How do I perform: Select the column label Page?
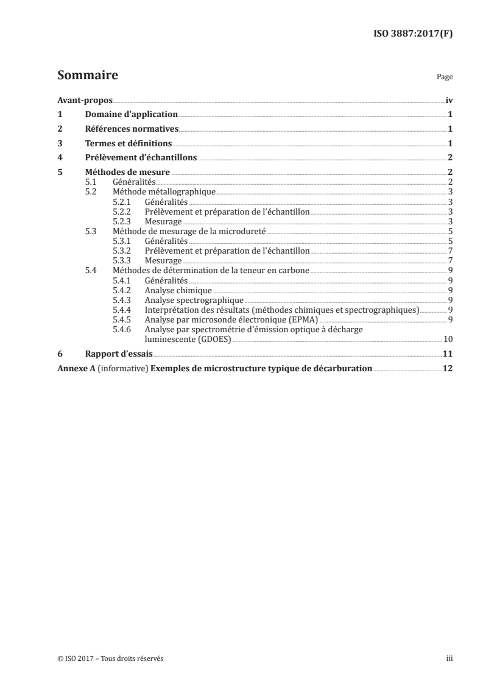445,78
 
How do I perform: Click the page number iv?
449,100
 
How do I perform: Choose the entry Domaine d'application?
130,114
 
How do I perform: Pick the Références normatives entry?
131,129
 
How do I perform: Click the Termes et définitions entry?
128,143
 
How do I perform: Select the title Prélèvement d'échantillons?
140,157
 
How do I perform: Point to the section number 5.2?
91,191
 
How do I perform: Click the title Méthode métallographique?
164,191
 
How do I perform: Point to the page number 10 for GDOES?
447,339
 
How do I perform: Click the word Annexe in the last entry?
71,368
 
